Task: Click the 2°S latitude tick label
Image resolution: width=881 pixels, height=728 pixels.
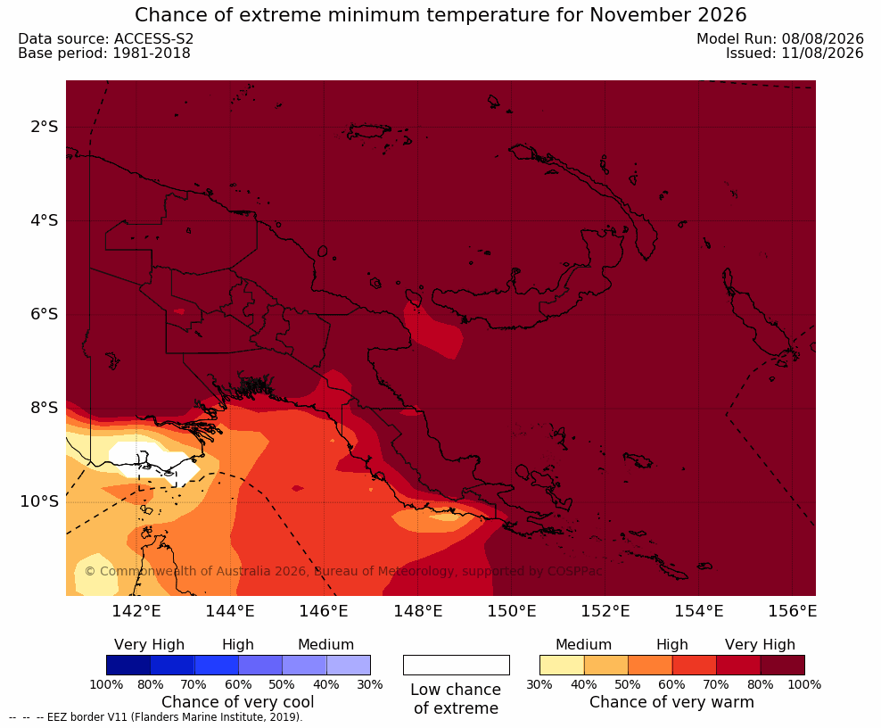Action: (45, 127)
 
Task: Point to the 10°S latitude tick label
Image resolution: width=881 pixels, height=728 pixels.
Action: (39, 500)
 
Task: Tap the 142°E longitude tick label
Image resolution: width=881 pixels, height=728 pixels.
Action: (136, 610)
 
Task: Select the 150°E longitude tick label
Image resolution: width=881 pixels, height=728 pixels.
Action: (511, 610)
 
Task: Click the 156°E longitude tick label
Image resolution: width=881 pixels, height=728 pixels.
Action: (792, 610)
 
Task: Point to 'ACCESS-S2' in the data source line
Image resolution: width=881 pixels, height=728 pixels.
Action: (154, 38)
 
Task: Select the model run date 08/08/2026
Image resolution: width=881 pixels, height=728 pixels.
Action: (822, 38)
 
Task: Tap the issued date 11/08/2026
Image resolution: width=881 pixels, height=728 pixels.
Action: (822, 53)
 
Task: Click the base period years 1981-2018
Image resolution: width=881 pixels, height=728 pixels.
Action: (152, 53)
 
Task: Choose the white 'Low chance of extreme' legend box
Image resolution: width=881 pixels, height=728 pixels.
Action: (457, 665)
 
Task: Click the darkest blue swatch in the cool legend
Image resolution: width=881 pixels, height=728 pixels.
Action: (128, 665)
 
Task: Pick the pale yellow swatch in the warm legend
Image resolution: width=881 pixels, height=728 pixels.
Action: (562, 665)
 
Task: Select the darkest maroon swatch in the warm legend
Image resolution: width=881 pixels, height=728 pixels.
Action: (783, 665)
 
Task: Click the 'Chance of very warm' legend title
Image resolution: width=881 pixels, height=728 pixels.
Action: (671, 702)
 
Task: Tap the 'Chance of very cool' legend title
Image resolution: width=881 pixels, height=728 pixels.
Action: (238, 702)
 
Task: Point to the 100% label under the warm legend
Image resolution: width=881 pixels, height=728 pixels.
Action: (804, 684)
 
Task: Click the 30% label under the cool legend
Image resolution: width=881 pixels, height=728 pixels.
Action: (370, 684)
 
